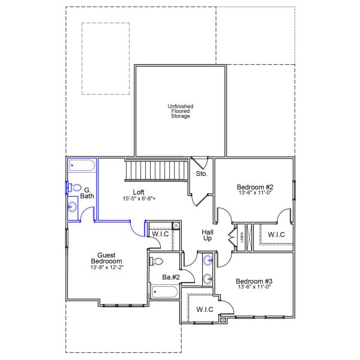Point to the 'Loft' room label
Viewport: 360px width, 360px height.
coord(138,192)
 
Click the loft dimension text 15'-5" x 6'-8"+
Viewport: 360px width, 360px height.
coord(144,199)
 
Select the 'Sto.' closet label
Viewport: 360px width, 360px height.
coord(202,174)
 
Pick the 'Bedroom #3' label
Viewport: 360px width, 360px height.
coord(254,281)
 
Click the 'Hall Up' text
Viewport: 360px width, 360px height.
coord(208,235)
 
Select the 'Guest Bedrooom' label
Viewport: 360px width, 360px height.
coord(107,258)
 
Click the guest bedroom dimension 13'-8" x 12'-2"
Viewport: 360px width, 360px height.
coord(107,268)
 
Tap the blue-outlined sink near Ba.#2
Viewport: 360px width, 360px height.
coord(208,260)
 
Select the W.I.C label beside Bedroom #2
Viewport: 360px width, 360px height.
coord(277,235)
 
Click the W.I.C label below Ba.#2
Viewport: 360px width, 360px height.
coord(205,310)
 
